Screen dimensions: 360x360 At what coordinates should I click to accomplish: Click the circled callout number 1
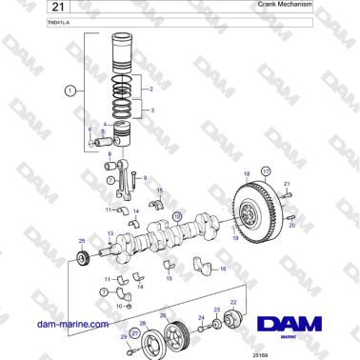click(70, 91)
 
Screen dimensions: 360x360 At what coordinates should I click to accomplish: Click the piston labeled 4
click(123, 132)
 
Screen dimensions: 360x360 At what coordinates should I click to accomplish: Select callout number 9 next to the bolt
click(146, 176)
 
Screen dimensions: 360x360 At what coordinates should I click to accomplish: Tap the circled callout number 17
click(266, 170)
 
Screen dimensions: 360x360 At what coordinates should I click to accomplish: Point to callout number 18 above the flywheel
click(246, 174)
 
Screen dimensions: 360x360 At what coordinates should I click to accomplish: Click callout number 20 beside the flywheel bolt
click(292, 228)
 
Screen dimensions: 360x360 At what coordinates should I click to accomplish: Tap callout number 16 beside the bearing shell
click(223, 270)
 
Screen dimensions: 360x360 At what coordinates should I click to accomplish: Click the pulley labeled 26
click(172, 335)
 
